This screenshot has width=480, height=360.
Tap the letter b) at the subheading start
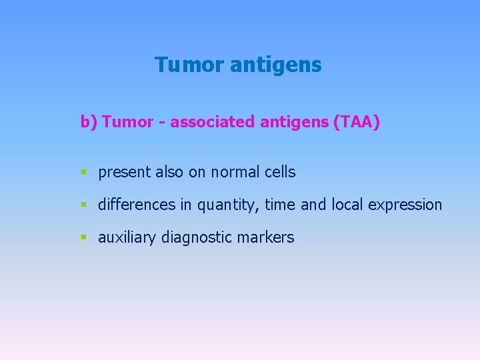(x=89, y=122)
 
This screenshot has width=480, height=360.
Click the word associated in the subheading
(x=213, y=122)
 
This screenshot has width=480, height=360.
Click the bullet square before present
(x=83, y=173)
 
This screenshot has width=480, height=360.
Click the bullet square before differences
(x=83, y=205)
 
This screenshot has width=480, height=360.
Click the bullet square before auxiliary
(x=83, y=238)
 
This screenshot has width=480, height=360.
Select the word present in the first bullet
(x=125, y=172)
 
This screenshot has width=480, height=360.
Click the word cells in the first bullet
(x=279, y=171)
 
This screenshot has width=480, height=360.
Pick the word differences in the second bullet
(x=137, y=205)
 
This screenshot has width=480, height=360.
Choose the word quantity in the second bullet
(x=226, y=205)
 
